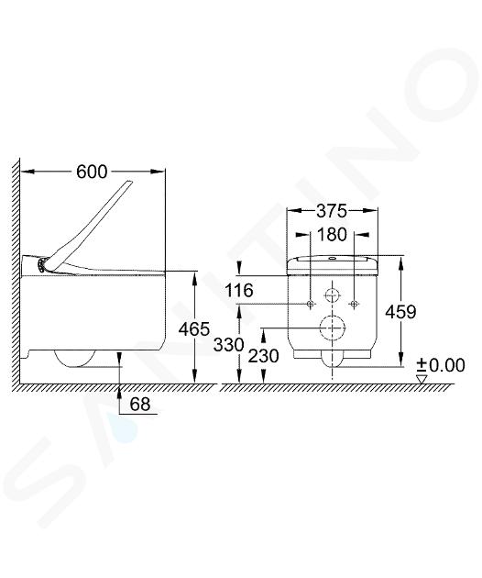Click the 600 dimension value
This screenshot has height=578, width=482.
pos(92,172)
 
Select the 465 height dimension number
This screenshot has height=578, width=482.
pos(194,328)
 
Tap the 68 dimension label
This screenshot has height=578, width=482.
pos(140,404)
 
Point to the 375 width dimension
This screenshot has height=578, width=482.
pos(332,211)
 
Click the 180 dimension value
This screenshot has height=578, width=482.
pos(332,235)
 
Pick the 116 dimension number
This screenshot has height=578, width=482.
pos(239,291)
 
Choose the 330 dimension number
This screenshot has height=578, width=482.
pos(229,345)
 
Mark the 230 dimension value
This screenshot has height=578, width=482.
pos(263,356)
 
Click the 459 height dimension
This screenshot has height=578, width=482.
pos(400,312)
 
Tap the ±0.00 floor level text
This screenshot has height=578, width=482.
pos(441,365)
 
